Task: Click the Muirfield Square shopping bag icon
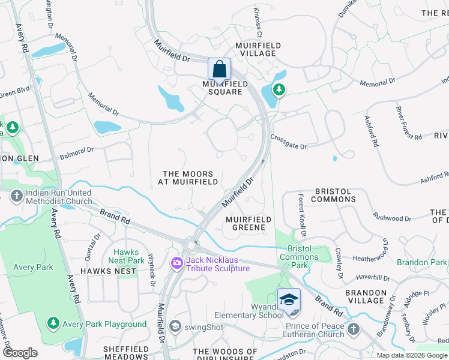point(219,68)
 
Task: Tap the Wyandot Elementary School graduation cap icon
point(289,299)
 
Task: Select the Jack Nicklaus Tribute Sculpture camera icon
point(176,263)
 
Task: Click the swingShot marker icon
point(175,326)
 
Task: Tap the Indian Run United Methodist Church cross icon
point(16,196)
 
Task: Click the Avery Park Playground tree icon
point(53,324)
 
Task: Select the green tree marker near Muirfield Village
point(279,89)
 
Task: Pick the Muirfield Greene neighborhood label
point(249,224)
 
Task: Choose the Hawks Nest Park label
point(126,257)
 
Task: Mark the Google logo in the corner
point(20,353)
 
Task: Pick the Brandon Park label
point(422,262)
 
